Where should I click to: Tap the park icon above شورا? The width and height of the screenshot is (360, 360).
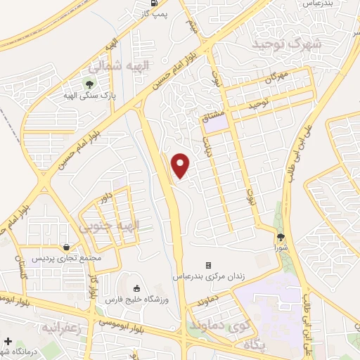click(x=281, y=237)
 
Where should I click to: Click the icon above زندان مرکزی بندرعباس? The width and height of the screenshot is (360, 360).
click(x=208, y=265)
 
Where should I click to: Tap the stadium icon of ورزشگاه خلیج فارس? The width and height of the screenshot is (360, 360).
click(x=136, y=288)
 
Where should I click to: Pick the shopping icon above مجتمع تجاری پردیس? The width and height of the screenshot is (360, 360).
click(x=65, y=247)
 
